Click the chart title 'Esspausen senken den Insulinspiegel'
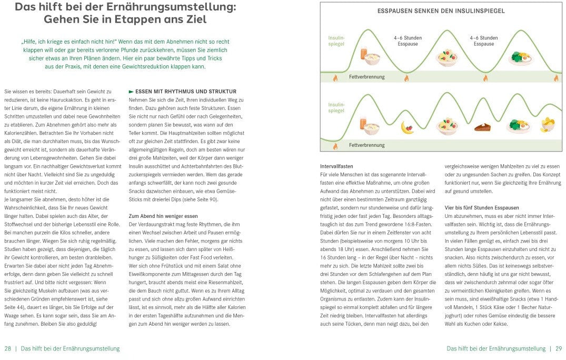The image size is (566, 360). [441, 11]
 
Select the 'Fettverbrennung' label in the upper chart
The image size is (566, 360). [366, 77]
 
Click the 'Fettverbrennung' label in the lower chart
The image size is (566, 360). [366, 145]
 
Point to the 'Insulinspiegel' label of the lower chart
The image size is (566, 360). [336, 107]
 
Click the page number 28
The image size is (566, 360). [7, 348]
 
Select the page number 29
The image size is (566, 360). [559, 348]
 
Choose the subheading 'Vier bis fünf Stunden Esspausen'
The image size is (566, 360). [482, 208]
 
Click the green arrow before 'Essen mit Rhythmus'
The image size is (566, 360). [131, 92]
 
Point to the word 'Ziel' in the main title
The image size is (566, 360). [195, 20]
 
